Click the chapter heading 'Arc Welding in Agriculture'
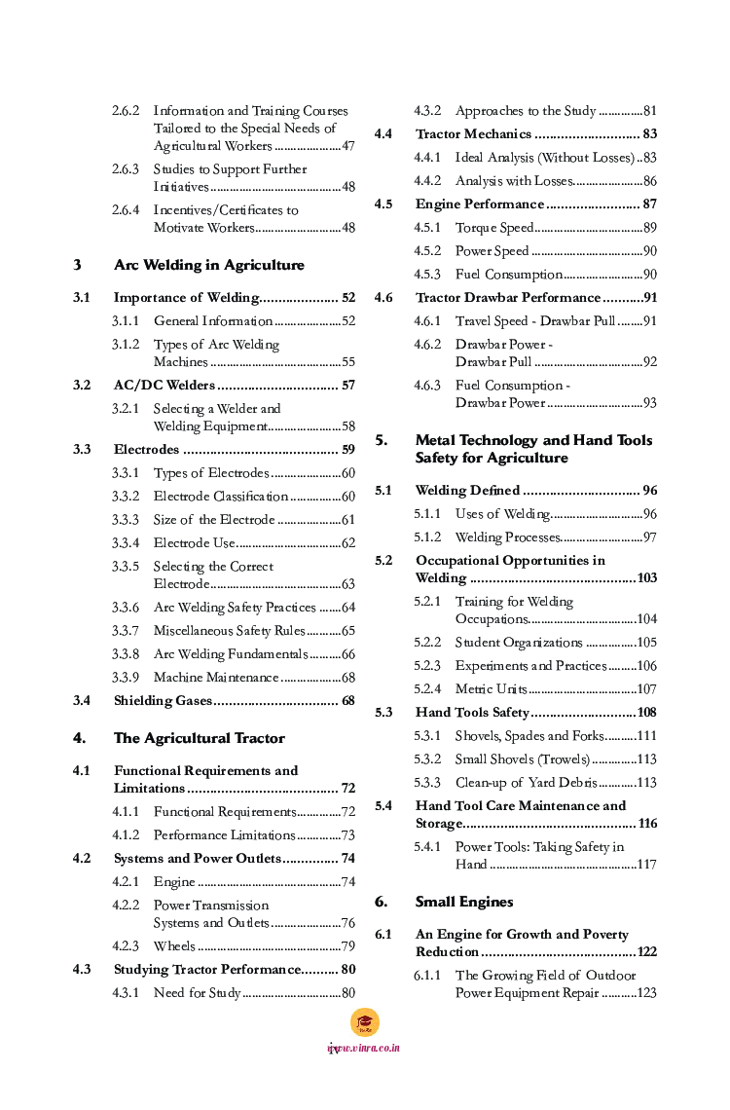(208, 265)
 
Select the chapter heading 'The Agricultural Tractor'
(199, 738)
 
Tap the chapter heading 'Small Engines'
(463, 902)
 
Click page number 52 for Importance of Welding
(347, 298)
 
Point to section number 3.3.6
(125, 608)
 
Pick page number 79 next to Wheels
(347, 946)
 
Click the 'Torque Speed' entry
(493, 228)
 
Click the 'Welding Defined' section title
(467, 491)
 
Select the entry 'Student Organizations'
(518, 643)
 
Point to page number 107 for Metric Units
(646, 689)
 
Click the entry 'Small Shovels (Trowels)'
(522, 759)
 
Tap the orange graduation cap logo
(365, 1022)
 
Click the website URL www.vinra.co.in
(364, 1049)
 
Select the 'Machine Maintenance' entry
(215, 678)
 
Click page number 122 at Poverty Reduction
(646, 952)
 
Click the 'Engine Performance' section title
(479, 204)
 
